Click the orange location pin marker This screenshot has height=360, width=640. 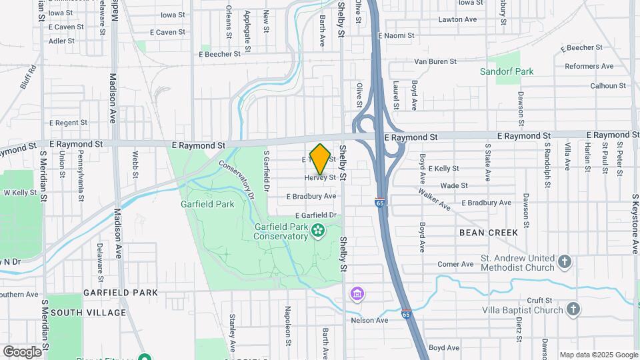point(321,159)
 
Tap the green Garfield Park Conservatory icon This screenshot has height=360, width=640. point(318,231)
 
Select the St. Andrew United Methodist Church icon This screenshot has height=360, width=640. point(565,261)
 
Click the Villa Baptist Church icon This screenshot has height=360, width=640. point(573,309)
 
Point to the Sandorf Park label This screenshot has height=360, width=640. point(507,71)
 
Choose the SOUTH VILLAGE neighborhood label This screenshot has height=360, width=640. point(88,313)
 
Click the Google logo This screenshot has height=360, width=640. point(22,351)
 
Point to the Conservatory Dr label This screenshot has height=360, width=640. point(237,181)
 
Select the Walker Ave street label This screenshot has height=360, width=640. point(435,199)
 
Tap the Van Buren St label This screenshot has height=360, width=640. point(435,61)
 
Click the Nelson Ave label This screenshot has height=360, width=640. point(369,320)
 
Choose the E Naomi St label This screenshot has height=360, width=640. point(396,35)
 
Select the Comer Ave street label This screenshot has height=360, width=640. point(455,265)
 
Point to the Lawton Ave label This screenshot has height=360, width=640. point(457,19)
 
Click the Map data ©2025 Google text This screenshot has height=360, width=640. point(599,355)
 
